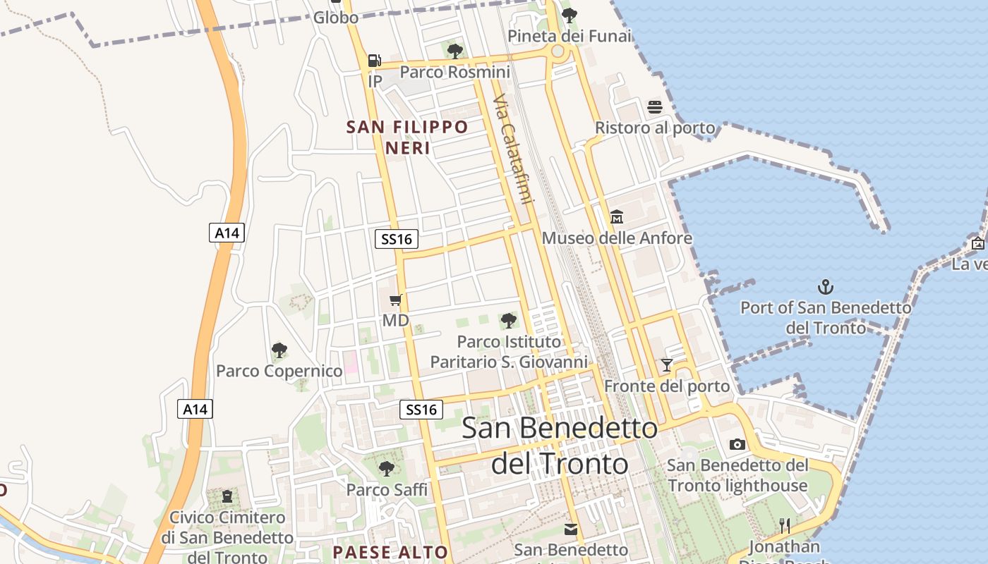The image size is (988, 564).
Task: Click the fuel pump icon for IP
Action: click(374, 61)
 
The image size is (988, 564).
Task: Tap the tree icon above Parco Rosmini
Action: click(455, 51)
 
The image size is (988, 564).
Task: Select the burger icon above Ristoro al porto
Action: click(655, 107)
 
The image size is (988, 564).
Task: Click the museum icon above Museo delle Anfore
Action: click(617, 216)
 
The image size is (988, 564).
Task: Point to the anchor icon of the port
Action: click(825, 287)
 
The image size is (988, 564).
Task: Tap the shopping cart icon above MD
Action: click(396, 300)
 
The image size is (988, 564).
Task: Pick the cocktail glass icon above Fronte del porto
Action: click(667, 365)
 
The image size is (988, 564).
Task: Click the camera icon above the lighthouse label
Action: click(737, 444)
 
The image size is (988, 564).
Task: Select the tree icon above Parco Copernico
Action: click(279, 350)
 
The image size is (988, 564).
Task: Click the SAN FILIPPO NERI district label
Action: click(408, 137)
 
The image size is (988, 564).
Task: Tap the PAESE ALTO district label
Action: click(390, 552)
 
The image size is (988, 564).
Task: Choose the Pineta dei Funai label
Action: click(570, 35)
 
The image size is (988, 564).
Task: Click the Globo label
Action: click(336, 18)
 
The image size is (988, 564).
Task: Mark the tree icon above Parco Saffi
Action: click(386, 468)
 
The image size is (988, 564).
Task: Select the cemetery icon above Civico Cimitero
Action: click(227, 497)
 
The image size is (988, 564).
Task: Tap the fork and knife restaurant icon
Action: click(784, 525)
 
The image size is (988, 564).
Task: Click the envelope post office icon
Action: click(571, 529)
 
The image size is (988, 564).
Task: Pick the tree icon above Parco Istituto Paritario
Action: click(509, 321)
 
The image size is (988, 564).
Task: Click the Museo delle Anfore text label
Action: click(617, 238)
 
